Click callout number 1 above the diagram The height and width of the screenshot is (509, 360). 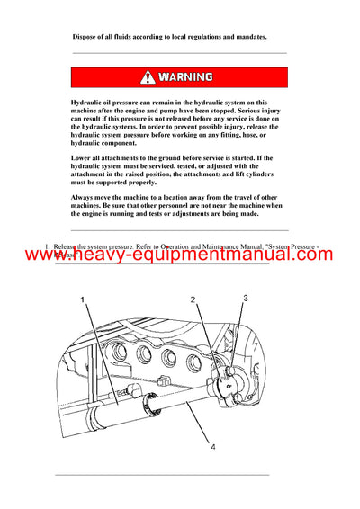(x=82, y=299)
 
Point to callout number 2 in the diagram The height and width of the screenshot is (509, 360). (x=193, y=299)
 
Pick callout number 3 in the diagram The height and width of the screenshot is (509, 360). (x=246, y=298)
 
